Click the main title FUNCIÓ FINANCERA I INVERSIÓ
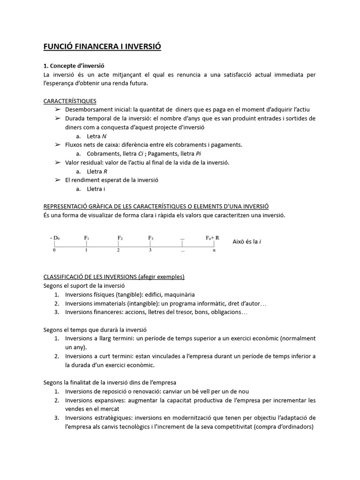click(x=102, y=47)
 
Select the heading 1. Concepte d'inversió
click(x=77, y=66)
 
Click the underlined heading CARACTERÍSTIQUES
click(x=70, y=101)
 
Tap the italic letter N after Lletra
click(x=104, y=136)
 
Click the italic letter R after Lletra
click(x=105, y=171)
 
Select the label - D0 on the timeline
click(x=55, y=238)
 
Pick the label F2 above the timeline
click(x=120, y=238)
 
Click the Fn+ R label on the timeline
click(x=212, y=238)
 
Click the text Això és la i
click(x=247, y=242)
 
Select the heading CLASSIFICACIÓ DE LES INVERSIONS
click(x=114, y=277)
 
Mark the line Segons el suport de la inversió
click(x=84, y=285)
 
